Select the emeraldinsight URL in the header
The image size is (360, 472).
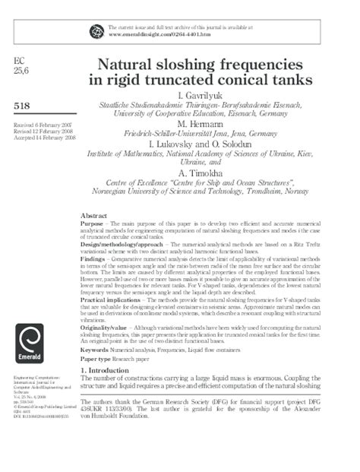159,35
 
